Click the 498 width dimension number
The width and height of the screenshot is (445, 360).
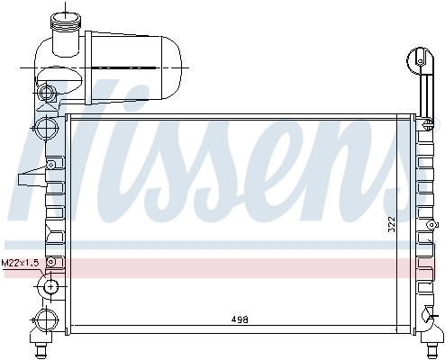click(x=240, y=319)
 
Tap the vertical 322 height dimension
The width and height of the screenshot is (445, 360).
click(x=392, y=225)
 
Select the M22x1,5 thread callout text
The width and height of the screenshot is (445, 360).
click(x=20, y=263)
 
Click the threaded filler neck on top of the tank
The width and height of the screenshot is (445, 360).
click(x=66, y=22)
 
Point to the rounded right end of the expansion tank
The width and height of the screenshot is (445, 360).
click(x=172, y=67)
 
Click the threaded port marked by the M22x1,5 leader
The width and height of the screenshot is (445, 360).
click(x=50, y=286)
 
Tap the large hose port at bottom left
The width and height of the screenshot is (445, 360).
click(x=46, y=320)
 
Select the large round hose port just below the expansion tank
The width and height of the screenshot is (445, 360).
click(x=46, y=127)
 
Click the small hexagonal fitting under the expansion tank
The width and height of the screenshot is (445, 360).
click(x=46, y=92)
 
